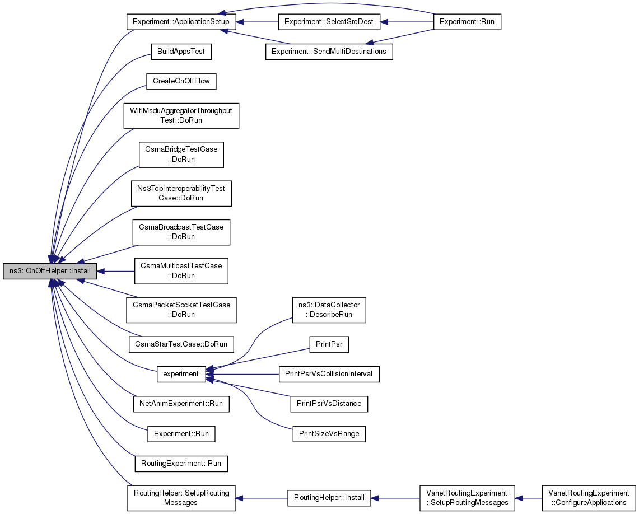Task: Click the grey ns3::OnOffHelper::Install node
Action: [x=50, y=271]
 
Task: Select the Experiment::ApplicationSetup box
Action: [x=181, y=22]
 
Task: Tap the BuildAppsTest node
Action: [x=181, y=52]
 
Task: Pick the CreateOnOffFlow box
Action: [x=181, y=81]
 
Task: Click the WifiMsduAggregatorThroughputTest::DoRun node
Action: [x=181, y=116]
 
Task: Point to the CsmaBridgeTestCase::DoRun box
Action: [x=181, y=155]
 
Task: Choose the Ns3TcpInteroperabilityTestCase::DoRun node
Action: [x=181, y=193]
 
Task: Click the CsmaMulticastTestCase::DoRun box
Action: [x=181, y=271]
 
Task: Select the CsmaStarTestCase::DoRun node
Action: [x=181, y=344]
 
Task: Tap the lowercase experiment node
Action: [x=181, y=374]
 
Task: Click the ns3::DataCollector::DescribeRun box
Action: [x=329, y=310]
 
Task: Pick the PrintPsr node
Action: [x=329, y=344]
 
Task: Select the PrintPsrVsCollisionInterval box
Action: [x=329, y=374]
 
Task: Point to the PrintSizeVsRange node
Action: [x=329, y=433]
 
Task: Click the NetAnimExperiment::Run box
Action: [x=181, y=404]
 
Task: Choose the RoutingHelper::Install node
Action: [x=329, y=498]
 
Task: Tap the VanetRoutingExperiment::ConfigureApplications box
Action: [x=589, y=498]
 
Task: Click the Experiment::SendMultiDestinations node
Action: [x=329, y=52]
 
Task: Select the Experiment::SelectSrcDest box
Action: [x=329, y=22]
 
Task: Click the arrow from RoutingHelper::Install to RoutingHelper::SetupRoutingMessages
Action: [x=261, y=498]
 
